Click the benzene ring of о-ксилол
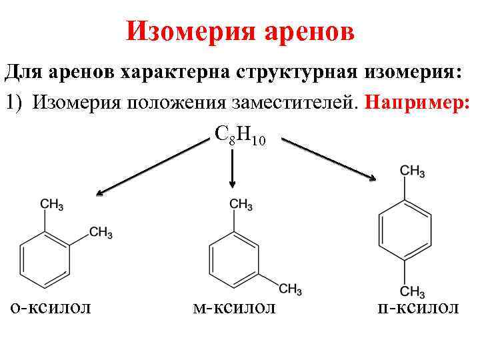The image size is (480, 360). (45, 257)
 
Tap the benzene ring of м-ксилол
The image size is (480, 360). (233, 257)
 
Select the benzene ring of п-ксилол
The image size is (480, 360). (405, 231)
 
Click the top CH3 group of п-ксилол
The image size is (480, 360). (412, 171)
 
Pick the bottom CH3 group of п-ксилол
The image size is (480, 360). (412, 292)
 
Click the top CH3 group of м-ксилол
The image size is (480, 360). (240, 205)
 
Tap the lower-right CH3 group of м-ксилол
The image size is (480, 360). (291, 289)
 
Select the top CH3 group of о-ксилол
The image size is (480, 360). (52, 205)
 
